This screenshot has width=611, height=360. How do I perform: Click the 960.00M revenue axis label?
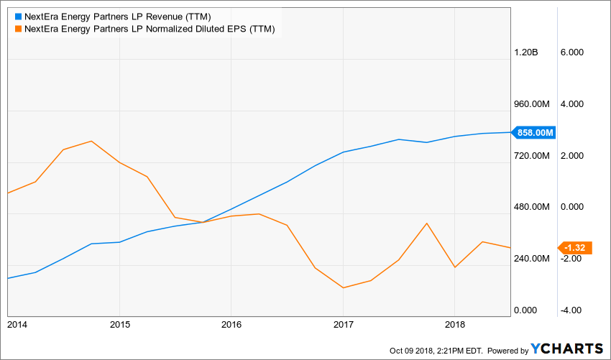point(531,104)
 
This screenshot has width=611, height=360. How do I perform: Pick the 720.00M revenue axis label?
point(531,156)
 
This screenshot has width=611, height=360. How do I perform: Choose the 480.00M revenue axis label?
point(531,207)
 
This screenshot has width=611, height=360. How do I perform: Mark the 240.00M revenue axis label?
point(531,259)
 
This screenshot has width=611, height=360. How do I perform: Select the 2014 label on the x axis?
point(17,325)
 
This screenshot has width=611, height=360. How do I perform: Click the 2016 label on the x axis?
point(231,325)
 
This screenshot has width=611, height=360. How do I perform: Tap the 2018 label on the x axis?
point(454,325)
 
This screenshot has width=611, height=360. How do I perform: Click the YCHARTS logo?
point(567,349)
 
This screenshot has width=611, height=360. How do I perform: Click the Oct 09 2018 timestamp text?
point(436,351)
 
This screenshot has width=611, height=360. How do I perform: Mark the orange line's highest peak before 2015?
point(91,141)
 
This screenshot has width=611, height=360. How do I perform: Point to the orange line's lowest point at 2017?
point(344,288)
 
